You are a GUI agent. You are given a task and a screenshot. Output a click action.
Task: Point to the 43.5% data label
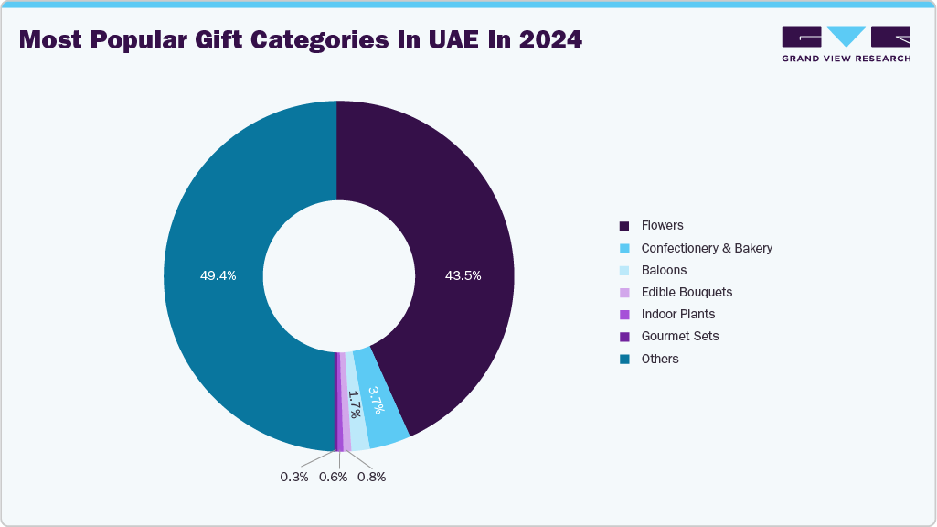[462, 275]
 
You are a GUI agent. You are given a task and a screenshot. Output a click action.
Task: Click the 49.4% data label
[218, 275]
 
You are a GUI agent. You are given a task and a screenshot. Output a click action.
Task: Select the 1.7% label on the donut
[356, 404]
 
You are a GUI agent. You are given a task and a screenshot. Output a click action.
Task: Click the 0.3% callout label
[294, 477]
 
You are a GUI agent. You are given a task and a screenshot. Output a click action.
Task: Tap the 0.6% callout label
[333, 477]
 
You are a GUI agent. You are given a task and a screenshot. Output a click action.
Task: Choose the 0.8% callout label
[371, 477]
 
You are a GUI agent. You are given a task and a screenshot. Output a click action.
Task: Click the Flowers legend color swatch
[624, 226]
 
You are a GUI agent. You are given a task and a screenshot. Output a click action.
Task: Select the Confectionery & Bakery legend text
[707, 248]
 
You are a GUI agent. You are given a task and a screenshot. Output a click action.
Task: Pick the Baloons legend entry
[664, 270]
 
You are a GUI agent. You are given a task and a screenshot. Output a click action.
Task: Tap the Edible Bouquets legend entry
[687, 292]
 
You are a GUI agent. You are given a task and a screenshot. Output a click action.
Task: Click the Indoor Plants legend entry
[677, 314]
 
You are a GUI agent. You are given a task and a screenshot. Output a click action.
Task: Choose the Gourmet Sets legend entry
[679, 336]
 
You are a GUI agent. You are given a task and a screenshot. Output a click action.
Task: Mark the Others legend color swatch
[624, 359]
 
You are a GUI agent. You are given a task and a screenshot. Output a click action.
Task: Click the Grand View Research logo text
[846, 59]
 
